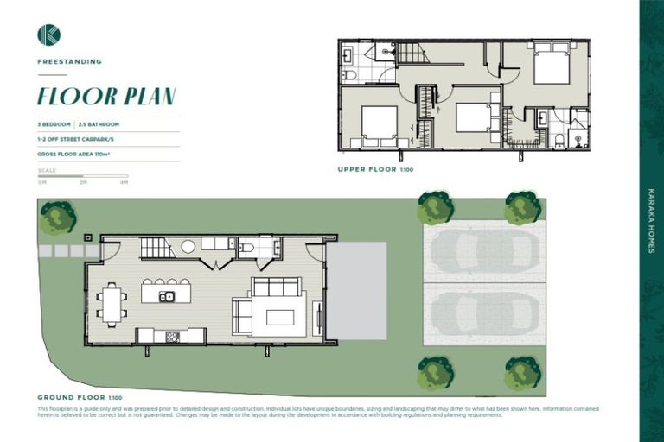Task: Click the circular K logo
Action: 48,35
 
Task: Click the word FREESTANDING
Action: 69,61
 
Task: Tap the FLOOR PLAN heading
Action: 106,95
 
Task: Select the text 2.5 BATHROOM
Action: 101,124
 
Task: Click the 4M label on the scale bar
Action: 124,182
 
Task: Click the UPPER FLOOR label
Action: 368,170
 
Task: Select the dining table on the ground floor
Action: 112,304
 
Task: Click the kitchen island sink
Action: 167,297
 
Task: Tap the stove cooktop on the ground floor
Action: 172,336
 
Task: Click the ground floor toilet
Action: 246,249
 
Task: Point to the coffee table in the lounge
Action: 280,317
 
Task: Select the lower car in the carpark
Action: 483,313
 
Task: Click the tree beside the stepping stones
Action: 57,218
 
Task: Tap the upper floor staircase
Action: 412,54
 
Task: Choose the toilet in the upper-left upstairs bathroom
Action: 348,76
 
